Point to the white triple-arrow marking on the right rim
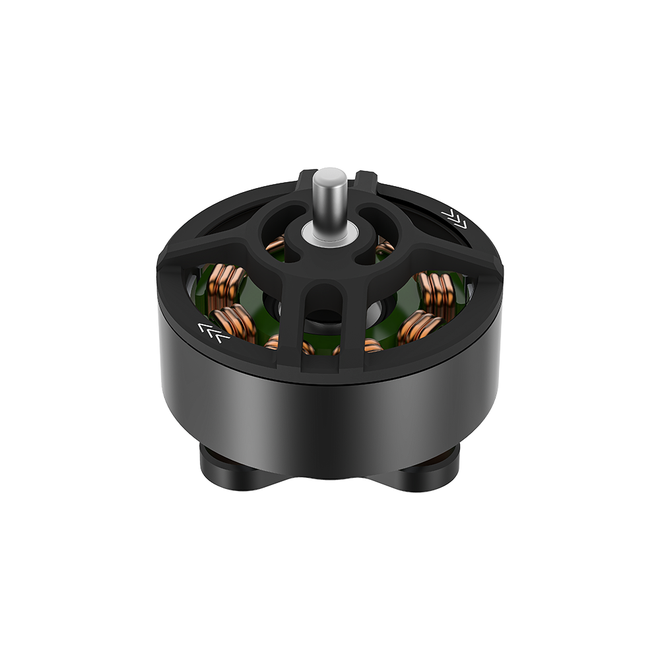point(455,217)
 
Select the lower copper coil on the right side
point(418,327)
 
